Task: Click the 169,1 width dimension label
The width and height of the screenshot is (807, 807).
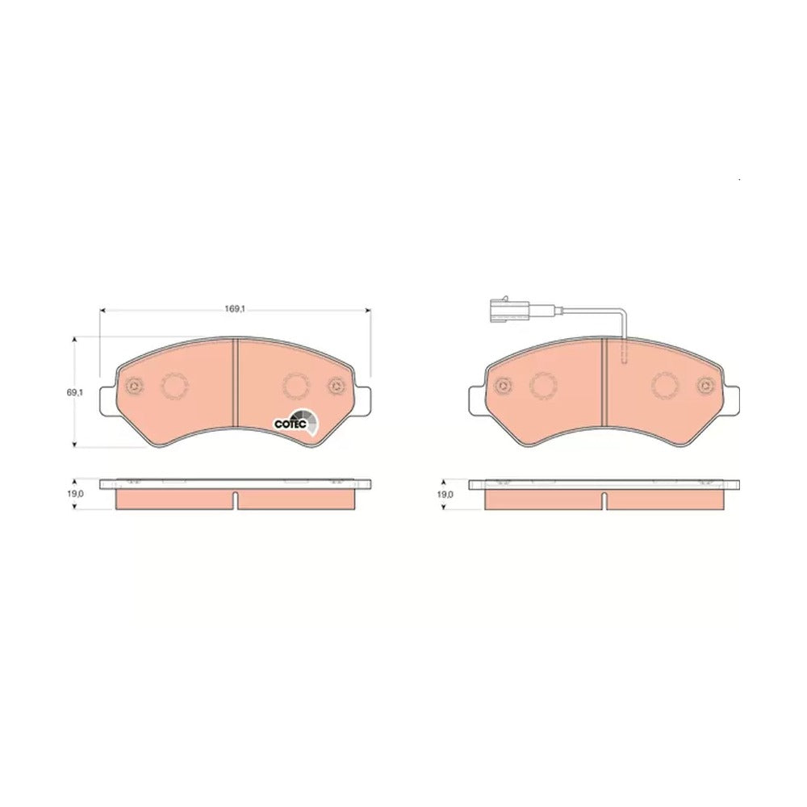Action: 234,309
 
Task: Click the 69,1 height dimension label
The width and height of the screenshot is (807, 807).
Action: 74,392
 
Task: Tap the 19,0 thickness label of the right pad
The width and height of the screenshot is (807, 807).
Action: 445,495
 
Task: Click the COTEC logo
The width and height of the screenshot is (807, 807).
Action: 295,423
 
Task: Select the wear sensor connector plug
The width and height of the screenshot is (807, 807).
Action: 508,311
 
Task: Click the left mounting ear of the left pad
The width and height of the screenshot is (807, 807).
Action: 108,400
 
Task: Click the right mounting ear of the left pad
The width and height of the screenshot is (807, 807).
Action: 362,400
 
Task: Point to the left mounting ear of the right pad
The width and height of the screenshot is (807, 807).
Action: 478,400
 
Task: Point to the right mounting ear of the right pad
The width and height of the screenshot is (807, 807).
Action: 731,400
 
